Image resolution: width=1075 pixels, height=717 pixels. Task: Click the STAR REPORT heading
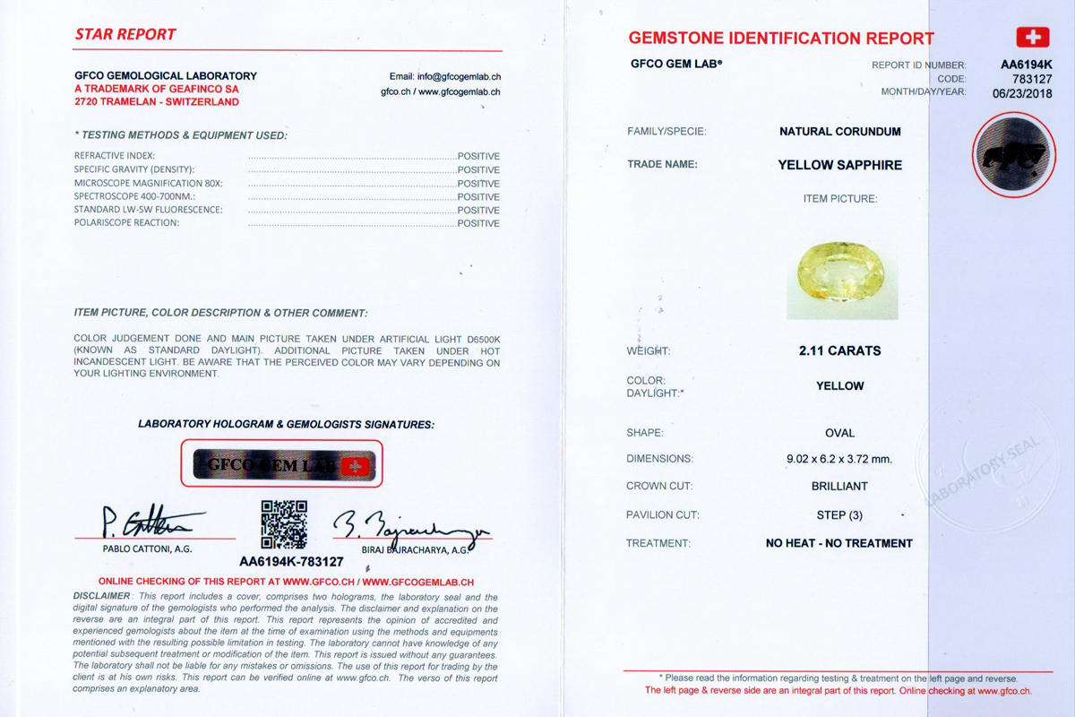(x=125, y=35)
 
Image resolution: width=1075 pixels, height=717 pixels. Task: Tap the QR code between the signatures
(x=284, y=524)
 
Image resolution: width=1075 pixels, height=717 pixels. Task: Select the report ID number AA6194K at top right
(x=1027, y=65)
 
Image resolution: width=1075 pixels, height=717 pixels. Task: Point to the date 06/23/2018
(x=1022, y=92)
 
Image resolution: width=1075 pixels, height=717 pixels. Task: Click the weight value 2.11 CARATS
(x=839, y=351)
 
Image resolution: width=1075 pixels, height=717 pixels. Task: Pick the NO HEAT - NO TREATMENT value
(x=838, y=543)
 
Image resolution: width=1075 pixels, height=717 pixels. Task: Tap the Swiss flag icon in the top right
(x=1032, y=38)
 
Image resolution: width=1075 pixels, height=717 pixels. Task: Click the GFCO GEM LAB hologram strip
(x=281, y=464)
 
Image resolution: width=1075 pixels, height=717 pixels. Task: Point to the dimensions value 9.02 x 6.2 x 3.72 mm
(x=838, y=459)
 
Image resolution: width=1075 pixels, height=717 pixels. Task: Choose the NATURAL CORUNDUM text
(x=839, y=132)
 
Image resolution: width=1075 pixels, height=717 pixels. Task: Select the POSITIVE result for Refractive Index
(x=478, y=156)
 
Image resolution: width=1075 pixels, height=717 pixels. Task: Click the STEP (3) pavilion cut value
(x=838, y=515)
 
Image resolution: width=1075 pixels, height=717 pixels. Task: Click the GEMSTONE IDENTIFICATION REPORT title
(x=781, y=39)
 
